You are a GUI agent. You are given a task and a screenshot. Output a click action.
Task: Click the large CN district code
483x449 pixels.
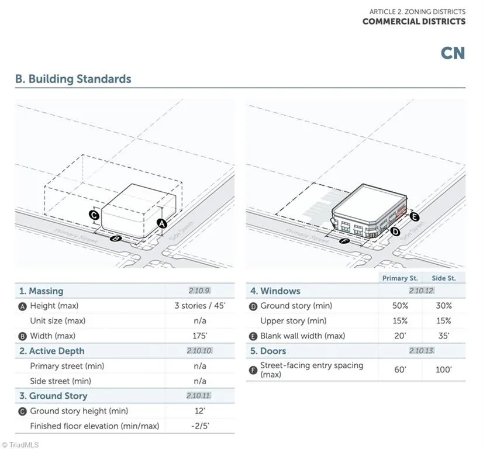point(453,53)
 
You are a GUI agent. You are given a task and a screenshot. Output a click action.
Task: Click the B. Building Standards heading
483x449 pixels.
point(73,79)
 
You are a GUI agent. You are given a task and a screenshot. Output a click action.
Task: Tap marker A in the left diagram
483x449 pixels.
point(162,223)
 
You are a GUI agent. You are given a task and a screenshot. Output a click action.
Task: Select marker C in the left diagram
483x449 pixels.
point(94,215)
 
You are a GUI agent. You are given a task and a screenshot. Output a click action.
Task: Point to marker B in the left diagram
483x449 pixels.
point(116,238)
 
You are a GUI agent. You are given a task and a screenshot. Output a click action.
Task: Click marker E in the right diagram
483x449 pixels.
point(415,217)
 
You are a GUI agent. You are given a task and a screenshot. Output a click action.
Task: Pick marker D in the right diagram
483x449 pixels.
point(395,232)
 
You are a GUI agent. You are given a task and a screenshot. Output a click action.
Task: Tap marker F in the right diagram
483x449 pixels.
point(344,240)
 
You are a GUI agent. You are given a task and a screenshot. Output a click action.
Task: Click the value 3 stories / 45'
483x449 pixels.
point(200,306)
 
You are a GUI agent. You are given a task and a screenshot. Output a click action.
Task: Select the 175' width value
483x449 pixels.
point(200,336)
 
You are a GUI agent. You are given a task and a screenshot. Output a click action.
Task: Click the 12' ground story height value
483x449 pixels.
point(200,411)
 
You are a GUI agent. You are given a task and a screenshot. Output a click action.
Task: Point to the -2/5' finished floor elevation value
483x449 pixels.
point(200,426)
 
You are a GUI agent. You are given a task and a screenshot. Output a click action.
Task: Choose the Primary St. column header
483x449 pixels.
point(400,278)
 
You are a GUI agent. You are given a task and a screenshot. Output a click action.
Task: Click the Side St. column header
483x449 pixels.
point(444,278)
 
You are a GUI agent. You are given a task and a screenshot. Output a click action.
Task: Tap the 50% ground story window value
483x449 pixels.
point(400,306)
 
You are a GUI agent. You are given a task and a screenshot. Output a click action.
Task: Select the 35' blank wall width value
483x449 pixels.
point(444,336)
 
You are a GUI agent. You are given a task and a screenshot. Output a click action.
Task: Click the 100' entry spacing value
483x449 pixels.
point(444,369)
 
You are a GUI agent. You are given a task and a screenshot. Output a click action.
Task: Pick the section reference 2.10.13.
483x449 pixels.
point(422,350)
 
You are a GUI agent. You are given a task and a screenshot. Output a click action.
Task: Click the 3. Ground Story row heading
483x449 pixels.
point(53,396)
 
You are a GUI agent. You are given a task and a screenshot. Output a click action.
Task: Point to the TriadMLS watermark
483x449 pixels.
point(20,445)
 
